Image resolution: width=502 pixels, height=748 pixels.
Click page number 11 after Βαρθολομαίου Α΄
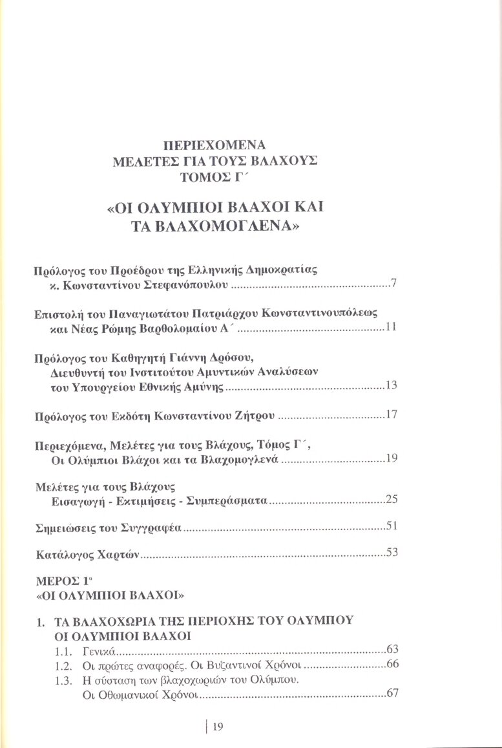(x=390, y=328)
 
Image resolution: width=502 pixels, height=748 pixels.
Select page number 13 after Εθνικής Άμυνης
(x=390, y=386)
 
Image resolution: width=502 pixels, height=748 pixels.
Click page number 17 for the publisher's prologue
(x=390, y=414)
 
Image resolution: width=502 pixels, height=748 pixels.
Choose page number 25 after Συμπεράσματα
(x=390, y=499)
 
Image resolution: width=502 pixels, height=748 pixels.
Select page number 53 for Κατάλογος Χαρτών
(x=390, y=552)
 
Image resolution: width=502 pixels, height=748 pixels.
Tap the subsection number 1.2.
(x=63, y=665)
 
